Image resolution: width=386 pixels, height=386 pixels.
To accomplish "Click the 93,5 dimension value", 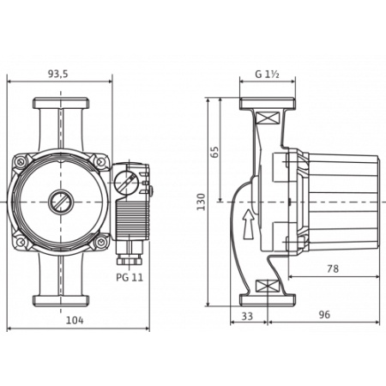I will point(58,74).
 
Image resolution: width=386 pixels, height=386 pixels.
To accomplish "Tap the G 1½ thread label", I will point(268,75).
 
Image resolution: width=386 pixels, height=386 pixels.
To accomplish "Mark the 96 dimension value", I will point(324,315).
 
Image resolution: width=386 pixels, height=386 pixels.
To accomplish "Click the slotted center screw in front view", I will point(59,202).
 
